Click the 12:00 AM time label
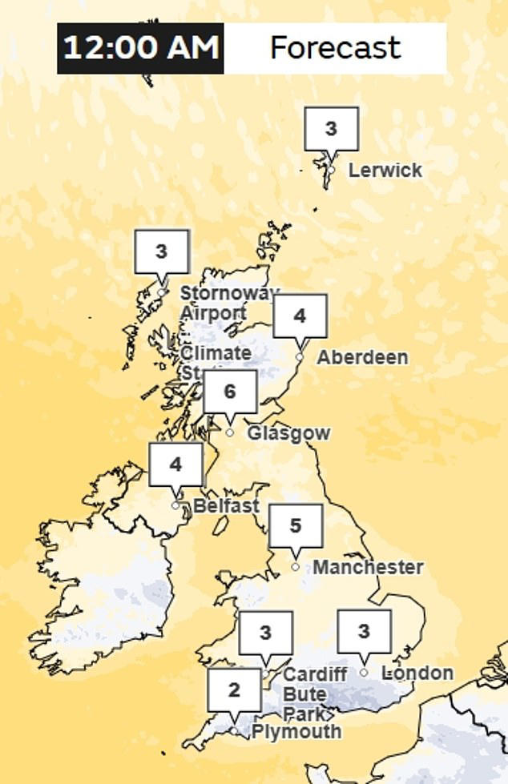coord(140,48)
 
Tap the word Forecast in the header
coord(335,48)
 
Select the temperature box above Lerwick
coord(331,128)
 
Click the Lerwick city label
coord(385,171)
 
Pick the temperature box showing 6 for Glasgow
coord(230,392)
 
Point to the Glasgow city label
coord(288,433)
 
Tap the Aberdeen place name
coord(362,357)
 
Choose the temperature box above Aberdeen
coord(300,316)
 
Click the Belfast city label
coord(226,505)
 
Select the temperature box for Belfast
coord(175,464)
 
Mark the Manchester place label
coord(368,567)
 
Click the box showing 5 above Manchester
coord(296,526)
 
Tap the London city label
coord(417,673)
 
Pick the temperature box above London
coord(364,632)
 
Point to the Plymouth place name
coord(296,731)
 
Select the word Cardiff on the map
coord(315,674)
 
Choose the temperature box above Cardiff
coord(266,633)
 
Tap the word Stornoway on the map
coord(229,293)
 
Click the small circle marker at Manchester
coord(296,567)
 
